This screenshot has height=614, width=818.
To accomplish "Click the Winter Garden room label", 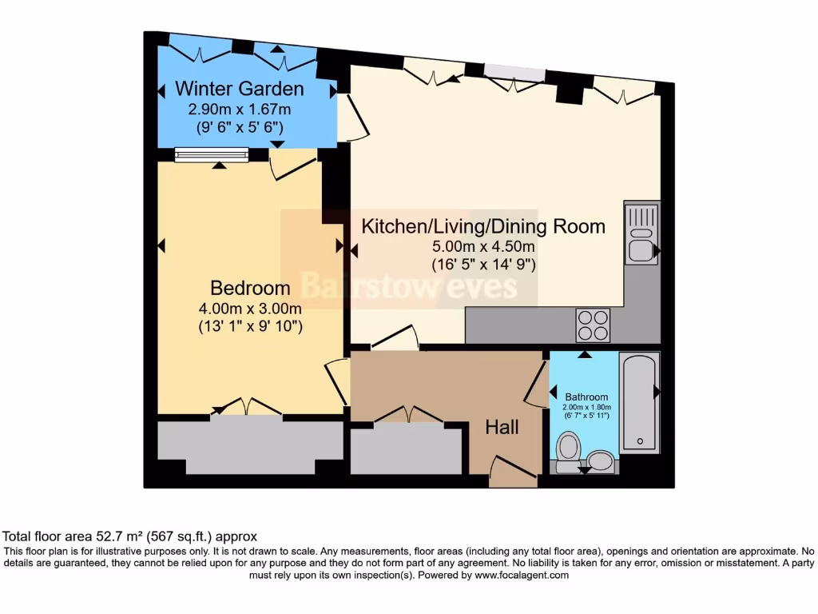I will pos(240,88).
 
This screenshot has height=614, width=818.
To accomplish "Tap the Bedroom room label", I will pos(250,288).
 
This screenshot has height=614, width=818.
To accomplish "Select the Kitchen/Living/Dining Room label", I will pos(483,226).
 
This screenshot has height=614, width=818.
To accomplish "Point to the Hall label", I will pos(502,428).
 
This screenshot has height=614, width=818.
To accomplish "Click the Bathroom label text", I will pos(586,397).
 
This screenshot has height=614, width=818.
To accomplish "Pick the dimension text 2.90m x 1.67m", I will pos(240,110).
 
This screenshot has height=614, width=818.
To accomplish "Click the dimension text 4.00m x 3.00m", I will pos(250,309).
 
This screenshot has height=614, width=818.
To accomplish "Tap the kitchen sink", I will pos(641,233).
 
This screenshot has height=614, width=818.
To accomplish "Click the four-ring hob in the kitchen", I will pos(593,325).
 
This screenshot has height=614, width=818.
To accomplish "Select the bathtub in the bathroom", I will pos(639,402).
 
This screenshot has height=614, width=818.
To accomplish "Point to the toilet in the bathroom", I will pos(569,450).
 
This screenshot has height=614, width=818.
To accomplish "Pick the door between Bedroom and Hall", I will pos(338,382).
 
